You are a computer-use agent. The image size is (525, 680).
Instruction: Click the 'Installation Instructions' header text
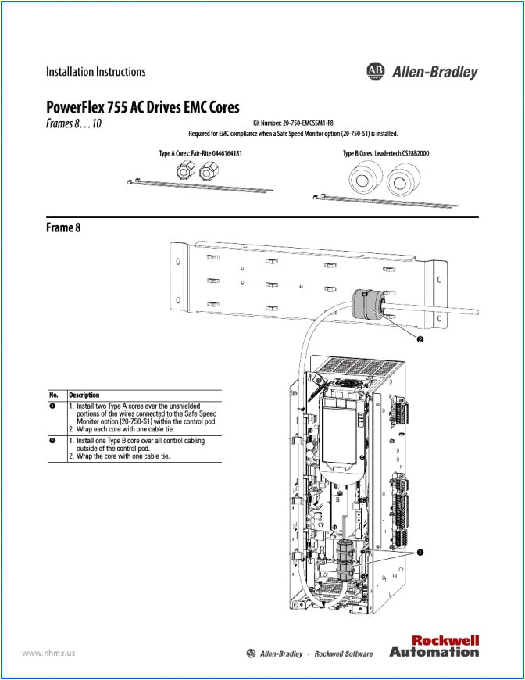tap(95, 72)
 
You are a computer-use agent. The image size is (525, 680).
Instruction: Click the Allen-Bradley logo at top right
tap(421, 72)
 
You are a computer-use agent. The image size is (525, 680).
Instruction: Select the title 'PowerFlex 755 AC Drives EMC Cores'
tap(142, 107)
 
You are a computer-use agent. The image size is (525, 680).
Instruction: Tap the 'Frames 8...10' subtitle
tap(73, 123)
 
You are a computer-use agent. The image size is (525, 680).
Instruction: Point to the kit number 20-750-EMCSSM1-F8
tap(293, 123)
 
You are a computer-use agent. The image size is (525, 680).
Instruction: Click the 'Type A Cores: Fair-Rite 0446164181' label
tap(200, 153)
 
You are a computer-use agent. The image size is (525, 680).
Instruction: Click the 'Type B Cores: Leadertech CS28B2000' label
tap(385, 153)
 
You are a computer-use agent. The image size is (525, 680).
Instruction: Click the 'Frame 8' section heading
tap(63, 227)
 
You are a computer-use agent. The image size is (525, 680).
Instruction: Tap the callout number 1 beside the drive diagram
tap(420, 552)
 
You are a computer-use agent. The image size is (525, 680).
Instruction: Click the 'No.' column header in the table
tap(54, 395)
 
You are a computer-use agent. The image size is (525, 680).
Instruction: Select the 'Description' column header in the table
tap(84, 395)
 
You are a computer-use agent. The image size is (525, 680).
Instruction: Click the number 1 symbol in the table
tap(52, 406)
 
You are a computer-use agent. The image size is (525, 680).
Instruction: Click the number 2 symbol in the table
tap(52, 441)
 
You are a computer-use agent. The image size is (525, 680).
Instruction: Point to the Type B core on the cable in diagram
tap(367, 303)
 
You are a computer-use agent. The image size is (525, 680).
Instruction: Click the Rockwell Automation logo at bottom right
tap(434, 646)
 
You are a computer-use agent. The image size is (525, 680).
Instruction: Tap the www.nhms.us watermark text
tap(48, 653)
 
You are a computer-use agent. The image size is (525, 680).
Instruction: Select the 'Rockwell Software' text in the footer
tap(343, 653)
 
